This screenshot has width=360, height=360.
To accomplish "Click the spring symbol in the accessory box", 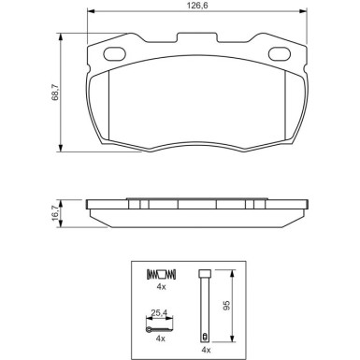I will (x=161, y=274).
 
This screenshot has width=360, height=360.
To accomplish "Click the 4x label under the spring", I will (x=161, y=289).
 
